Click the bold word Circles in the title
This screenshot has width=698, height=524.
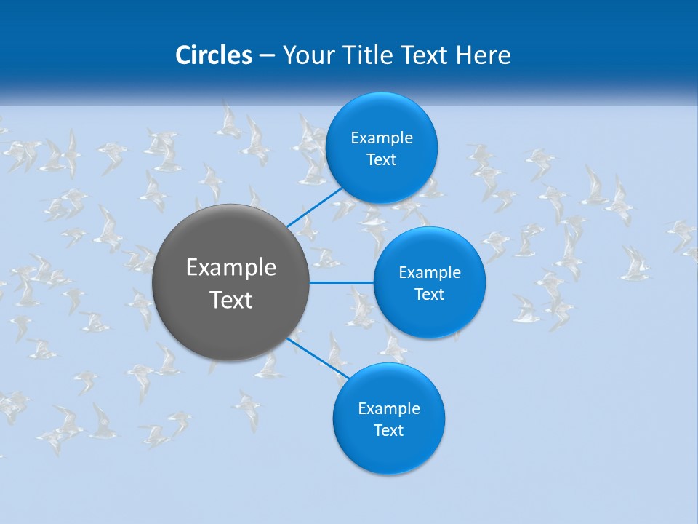pos(213,55)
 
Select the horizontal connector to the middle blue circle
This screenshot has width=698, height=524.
pos(341,282)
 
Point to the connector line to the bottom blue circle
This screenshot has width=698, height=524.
pos(318,360)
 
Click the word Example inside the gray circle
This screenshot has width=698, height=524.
pos(231,268)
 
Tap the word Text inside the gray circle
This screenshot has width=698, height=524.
pos(231,300)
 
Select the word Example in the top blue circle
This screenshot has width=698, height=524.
pos(382,138)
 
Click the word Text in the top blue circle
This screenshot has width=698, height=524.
pos(382,160)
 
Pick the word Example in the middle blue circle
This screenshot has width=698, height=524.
pos(430,273)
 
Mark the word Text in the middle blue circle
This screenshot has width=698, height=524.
pos(430,295)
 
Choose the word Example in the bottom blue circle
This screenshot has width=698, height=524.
pos(389,409)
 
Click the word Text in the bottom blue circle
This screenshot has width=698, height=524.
pos(389,431)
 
